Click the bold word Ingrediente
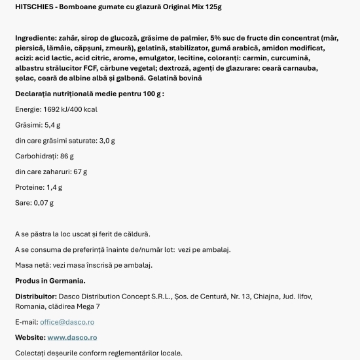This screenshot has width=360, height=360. [x=37, y=39]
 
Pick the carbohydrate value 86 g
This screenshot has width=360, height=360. [x=67, y=156]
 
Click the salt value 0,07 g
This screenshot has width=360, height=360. [x=43, y=203]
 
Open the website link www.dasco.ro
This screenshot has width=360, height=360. [x=72, y=338]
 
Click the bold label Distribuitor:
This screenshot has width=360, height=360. [x=39, y=297]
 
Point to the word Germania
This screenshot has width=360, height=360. [x=66, y=281]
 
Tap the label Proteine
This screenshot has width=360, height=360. [x=29, y=187]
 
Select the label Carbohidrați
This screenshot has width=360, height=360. [x=37, y=156]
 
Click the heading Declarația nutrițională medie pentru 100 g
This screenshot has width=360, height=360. [x=89, y=94]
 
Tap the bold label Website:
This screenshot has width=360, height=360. [x=30, y=338]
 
